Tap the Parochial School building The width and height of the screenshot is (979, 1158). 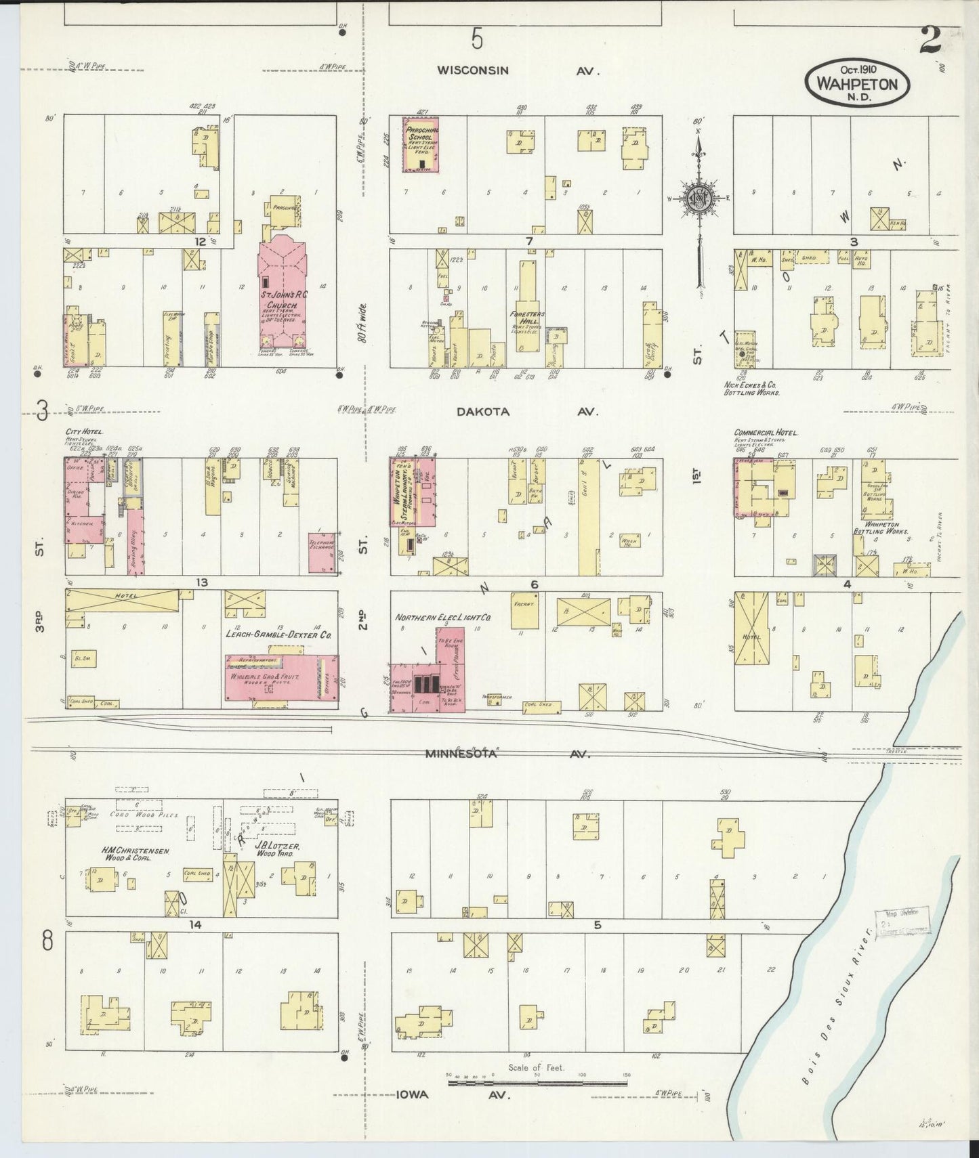[421, 144]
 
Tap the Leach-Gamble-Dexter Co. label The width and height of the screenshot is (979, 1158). [278, 635]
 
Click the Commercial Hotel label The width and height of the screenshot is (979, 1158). [766, 432]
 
